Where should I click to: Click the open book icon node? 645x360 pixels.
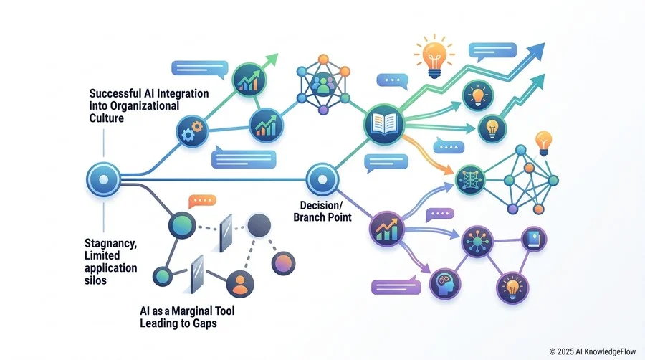point(384,124)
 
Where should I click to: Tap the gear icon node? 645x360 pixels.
point(191,131)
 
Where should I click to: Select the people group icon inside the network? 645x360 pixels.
point(323,84)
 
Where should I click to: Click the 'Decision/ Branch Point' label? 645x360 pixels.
point(322,211)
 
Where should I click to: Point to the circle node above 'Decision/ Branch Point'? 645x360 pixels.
point(322,179)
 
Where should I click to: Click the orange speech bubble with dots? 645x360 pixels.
point(202,202)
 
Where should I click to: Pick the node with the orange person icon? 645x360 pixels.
point(240,284)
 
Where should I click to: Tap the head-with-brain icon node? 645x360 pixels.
point(444,283)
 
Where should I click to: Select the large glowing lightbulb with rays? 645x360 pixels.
point(434,56)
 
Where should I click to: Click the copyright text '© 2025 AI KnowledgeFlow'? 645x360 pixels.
point(593,352)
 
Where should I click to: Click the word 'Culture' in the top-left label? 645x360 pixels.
point(107,118)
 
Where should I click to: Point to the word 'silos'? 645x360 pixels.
point(95,280)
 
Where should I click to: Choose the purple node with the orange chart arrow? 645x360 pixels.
point(386,229)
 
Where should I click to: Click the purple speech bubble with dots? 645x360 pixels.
point(440,214)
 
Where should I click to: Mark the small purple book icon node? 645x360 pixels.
point(533,239)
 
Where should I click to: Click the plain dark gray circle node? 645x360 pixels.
point(259,225)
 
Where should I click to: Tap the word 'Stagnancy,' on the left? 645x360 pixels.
point(110,243)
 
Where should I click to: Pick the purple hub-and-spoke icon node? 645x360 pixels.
point(477,241)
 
